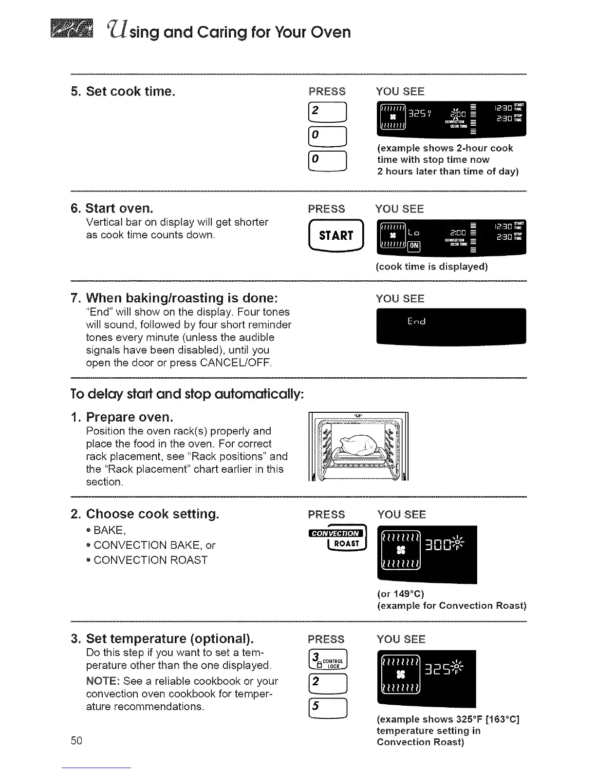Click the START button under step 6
336,236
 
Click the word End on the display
416,322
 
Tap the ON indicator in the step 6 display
413,246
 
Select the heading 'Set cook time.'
130,91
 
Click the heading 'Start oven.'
119,209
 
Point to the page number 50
76,741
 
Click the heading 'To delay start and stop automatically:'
187,394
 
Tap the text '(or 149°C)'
400,594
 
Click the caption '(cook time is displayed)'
431,267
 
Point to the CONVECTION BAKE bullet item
154,545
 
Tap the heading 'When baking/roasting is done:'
182,298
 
